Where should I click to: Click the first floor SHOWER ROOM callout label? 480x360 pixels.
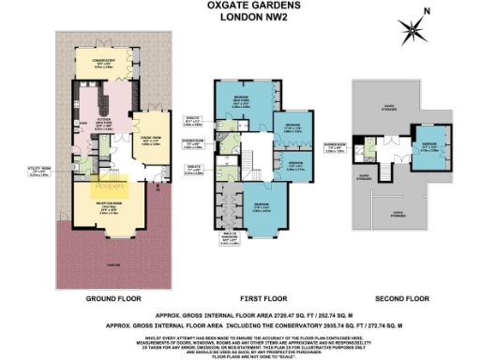point(337,147)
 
